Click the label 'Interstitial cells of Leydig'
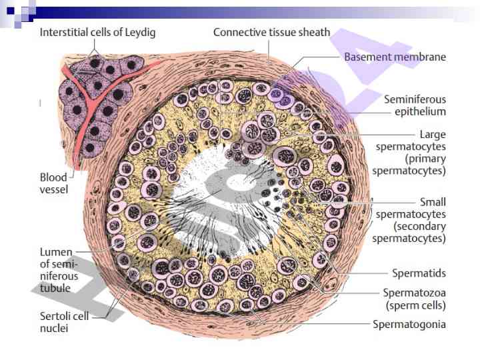coord(97,33)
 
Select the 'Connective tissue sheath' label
coord(271,32)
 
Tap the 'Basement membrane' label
coord(395,57)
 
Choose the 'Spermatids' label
coord(418,273)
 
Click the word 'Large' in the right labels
coord(433,134)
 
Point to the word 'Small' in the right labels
coord(433,201)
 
